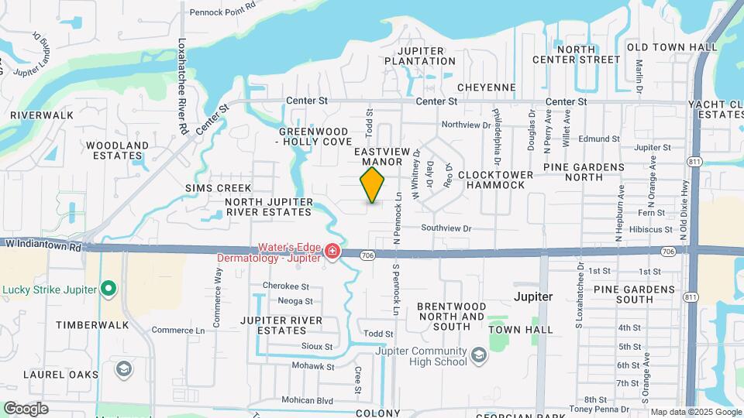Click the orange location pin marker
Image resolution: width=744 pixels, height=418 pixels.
[x=373, y=185]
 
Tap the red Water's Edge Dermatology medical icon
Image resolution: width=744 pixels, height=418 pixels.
[x=332, y=251]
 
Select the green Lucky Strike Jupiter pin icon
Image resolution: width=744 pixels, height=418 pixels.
[x=109, y=290]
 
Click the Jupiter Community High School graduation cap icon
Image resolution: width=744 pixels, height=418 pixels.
[x=479, y=355]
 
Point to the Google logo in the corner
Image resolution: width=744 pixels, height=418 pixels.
[x=26, y=408]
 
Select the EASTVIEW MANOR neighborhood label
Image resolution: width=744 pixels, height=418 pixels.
[x=379, y=157]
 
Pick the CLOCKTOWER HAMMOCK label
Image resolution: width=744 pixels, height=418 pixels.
[x=496, y=180]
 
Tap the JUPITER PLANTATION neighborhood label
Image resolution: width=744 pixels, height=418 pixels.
[x=415, y=56]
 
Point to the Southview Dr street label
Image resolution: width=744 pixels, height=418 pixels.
[x=446, y=228]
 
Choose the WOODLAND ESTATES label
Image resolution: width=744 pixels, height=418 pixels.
[x=117, y=150]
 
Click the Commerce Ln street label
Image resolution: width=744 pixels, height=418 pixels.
[x=178, y=330]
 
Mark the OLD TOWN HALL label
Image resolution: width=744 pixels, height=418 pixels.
[x=672, y=47]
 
